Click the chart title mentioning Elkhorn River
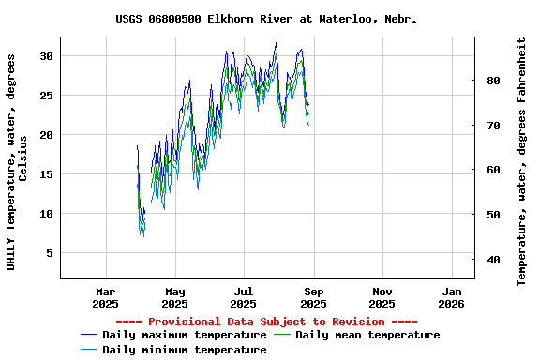click(266, 19)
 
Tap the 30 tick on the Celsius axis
click(46, 56)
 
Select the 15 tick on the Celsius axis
click(46, 174)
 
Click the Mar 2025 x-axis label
click(105, 297)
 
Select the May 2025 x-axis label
click(174, 297)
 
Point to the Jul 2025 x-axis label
click(244, 297)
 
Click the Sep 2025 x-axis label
click(313, 297)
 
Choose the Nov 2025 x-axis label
click(382, 297)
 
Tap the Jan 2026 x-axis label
click(452, 297)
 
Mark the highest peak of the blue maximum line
click(276, 43)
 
